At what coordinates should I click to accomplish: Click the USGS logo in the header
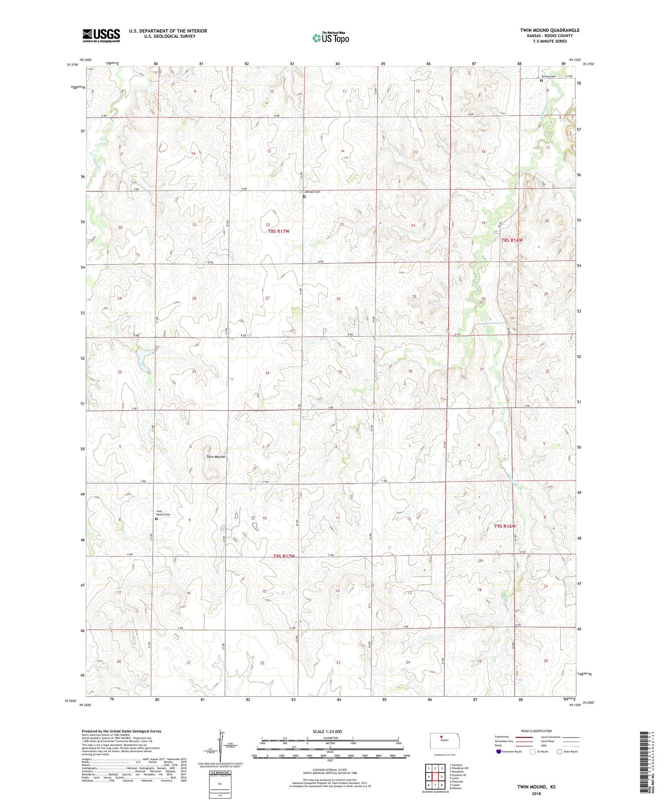coord(101,35)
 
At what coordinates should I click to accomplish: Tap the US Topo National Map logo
coord(330,38)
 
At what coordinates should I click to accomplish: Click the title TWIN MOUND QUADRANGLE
coord(550,30)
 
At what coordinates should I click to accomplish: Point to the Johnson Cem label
coord(312,192)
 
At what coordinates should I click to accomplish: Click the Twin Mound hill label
coord(215,457)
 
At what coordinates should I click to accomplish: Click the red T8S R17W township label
coord(278,232)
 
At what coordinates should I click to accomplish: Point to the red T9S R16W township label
coord(505,526)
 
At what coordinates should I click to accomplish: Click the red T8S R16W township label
coord(512,240)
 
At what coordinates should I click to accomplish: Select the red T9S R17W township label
coord(284,556)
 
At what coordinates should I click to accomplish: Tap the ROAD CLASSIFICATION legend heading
coord(536,731)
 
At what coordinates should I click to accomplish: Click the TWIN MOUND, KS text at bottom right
coord(536,787)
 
